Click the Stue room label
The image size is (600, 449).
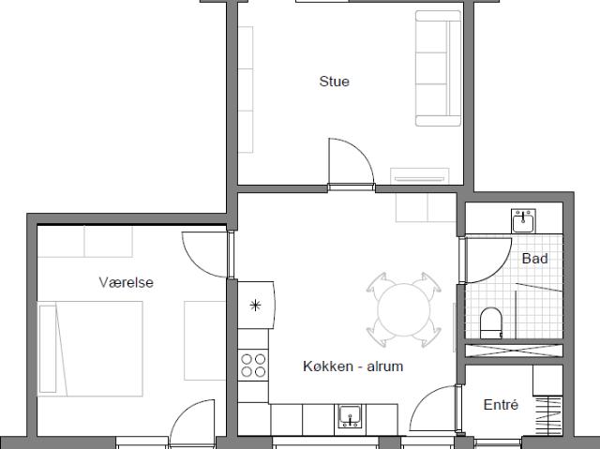(x=334, y=82)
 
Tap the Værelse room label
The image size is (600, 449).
(x=126, y=283)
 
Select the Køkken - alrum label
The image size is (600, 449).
(x=353, y=367)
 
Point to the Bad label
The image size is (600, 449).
(x=534, y=259)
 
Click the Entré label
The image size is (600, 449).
(x=501, y=405)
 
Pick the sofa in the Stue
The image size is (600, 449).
(x=439, y=68)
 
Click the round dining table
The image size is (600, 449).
(x=404, y=310)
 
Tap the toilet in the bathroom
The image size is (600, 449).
(x=491, y=322)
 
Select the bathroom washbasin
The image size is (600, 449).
(x=523, y=221)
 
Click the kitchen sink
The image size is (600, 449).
(x=350, y=416)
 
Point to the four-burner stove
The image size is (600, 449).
(x=253, y=366)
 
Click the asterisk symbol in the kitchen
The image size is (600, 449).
(x=255, y=306)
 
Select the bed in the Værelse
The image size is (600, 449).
(x=90, y=349)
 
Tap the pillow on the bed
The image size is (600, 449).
(x=48, y=349)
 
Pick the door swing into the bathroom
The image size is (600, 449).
(x=488, y=261)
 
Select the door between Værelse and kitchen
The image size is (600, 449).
(x=205, y=254)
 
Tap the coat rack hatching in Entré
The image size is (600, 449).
(x=547, y=416)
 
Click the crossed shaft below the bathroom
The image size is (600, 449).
(x=514, y=350)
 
